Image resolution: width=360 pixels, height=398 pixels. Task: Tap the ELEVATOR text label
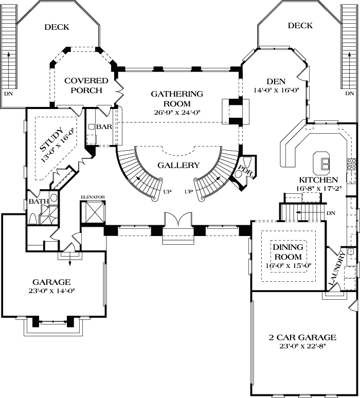pos(93,197)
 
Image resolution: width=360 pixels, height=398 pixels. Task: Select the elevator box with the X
pos(93,212)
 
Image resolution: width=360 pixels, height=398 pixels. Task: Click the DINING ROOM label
pos(287,251)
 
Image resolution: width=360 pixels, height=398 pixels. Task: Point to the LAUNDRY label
pos(336,270)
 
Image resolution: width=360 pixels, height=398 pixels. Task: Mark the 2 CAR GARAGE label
pos(302,337)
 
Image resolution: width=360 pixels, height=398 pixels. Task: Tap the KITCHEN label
pos(319,180)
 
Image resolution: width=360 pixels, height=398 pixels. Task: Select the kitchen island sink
pos(325,164)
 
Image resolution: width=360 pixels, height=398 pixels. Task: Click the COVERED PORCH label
pos(86,85)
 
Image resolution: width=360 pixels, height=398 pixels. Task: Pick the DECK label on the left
pos(57,27)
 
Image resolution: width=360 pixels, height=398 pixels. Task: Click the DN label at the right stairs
pos(350,94)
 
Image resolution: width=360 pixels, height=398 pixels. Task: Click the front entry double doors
pos(177,221)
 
